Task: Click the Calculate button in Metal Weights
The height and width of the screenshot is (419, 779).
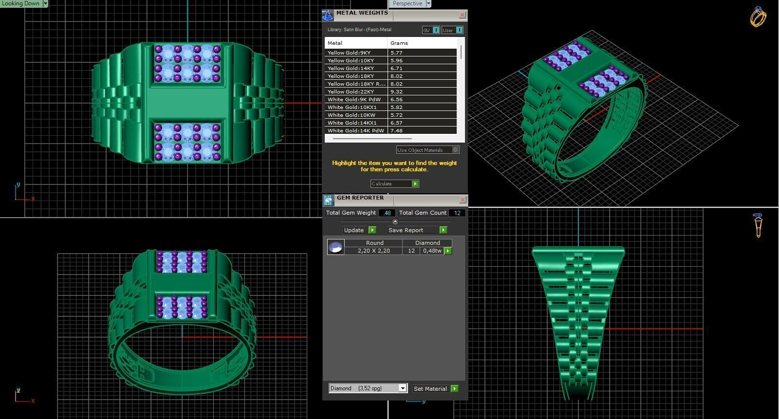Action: coord(394,183)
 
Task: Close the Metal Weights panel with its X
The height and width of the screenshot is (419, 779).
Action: coord(462,15)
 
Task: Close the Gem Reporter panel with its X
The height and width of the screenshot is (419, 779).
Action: coord(463,200)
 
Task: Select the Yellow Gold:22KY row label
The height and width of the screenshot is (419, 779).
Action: coord(351,91)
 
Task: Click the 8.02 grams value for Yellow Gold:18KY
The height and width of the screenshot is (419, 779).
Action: coord(396,76)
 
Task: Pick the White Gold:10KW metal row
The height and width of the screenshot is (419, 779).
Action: coord(351,115)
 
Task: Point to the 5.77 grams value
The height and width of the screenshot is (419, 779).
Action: coord(396,53)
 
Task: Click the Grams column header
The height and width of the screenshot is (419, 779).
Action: coord(399,43)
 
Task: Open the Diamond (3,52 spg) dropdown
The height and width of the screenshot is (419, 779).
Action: coord(402,388)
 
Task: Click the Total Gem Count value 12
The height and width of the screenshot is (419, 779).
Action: coord(457,213)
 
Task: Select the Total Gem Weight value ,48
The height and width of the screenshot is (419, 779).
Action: coord(387,213)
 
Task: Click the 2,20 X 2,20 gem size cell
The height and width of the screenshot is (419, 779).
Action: coord(373,251)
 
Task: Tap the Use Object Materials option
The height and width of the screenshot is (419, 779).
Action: coord(427,150)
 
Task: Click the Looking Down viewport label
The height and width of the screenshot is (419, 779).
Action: coord(21,3)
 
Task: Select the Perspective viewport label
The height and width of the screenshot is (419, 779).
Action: coord(408,3)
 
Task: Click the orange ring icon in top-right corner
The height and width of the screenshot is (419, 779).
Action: coord(758,17)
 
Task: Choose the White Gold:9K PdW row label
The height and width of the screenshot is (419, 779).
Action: coord(354,99)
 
